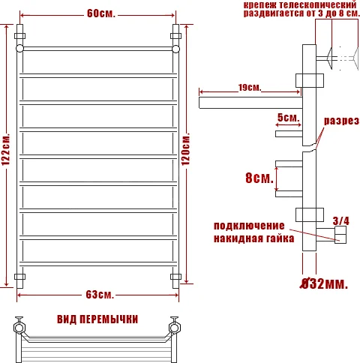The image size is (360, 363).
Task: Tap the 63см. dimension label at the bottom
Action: tap(99, 292)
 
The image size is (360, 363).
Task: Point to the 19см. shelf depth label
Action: tap(250, 88)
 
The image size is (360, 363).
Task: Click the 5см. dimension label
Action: tap(288, 118)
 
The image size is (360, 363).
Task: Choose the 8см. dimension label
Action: tap(259, 179)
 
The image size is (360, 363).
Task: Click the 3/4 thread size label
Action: tap(340, 220)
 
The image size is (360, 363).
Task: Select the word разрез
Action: tap(341, 121)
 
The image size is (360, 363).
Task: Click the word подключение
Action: tap(249, 226)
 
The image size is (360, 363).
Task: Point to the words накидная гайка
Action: tap(249, 239)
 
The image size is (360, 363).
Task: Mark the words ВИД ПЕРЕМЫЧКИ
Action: tap(97, 319)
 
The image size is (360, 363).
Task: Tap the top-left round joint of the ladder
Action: tap(20, 48)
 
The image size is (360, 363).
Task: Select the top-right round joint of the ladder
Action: tap(177, 48)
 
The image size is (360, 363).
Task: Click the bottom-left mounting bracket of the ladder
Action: tap(20, 277)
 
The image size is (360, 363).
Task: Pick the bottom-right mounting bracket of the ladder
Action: tap(177, 277)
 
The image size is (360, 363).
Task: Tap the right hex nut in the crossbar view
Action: tap(177, 326)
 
